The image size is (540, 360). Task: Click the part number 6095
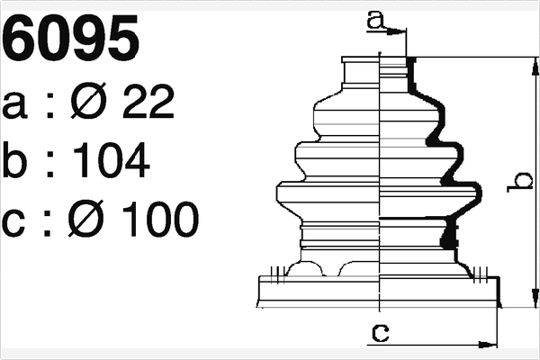click(x=72, y=40)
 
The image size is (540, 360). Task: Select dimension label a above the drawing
click(x=376, y=18)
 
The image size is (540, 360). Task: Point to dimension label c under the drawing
click(x=381, y=333)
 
